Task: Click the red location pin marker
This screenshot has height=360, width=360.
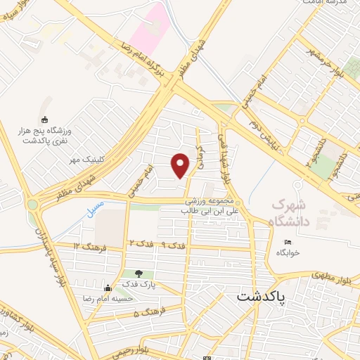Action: pos(181,165)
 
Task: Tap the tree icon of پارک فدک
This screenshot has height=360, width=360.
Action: pos(138,274)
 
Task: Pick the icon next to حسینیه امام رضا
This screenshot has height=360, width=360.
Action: pos(107,288)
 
